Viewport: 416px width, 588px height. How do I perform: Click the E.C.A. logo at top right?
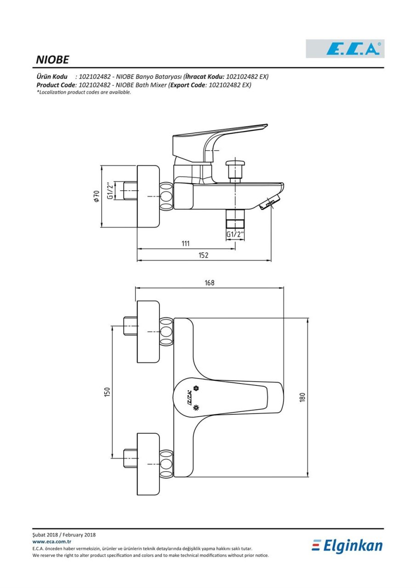(x=345, y=49)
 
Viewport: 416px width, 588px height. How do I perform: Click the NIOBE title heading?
(x=52, y=60)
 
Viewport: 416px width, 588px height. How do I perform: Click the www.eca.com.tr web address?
(x=52, y=542)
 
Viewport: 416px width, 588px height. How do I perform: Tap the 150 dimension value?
(x=107, y=392)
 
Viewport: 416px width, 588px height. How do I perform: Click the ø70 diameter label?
(x=97, y=196)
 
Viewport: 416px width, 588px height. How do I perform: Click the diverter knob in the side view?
(x=235, y=170)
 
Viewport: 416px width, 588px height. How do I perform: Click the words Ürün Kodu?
(x=52, y=77)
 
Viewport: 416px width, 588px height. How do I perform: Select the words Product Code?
(x=56, y=85)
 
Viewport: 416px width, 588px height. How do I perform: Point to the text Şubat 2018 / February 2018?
(x=64, y=535)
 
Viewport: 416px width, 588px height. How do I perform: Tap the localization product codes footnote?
(x=84, y=92)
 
